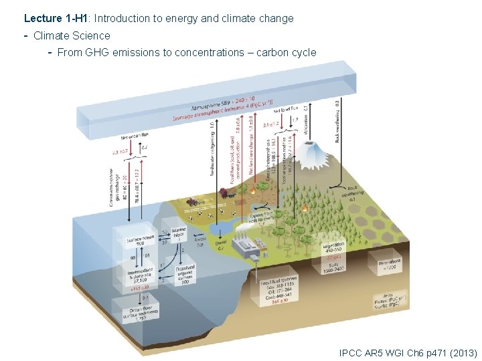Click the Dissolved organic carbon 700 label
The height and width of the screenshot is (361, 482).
point(185,274)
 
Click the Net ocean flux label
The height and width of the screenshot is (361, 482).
point(134,138)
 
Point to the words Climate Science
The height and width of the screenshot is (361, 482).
point(72,35)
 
